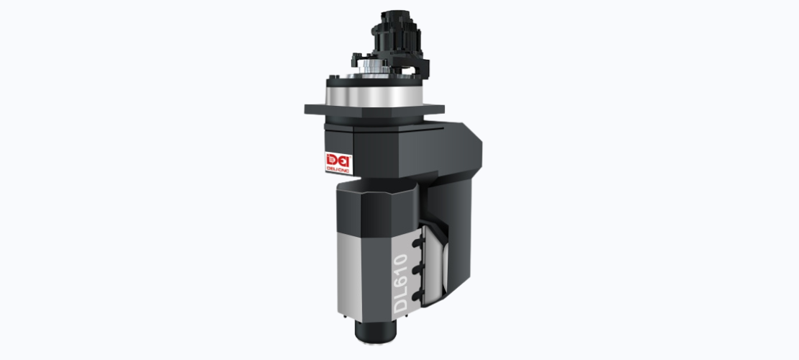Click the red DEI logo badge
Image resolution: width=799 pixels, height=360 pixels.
pyautogui.click(x=338, y=163)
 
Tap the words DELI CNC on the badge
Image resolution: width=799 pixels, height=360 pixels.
pyautogui.click(x=338, y=171)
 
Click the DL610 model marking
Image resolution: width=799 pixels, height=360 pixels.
pyautogui.click(x=401, y=283)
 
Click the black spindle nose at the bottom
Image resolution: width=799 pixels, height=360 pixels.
pyautogui.click(x=376, y=332)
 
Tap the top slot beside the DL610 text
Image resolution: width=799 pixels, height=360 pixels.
pyautogui.click(x=417, y=243)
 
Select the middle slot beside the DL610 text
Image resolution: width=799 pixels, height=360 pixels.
pyautogui.click(x=417, y=269)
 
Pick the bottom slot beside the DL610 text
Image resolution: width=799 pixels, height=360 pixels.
pyautogui.click(x=417, y=295)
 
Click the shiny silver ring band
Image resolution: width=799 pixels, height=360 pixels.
pyautogui.click(x=374, y=96)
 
